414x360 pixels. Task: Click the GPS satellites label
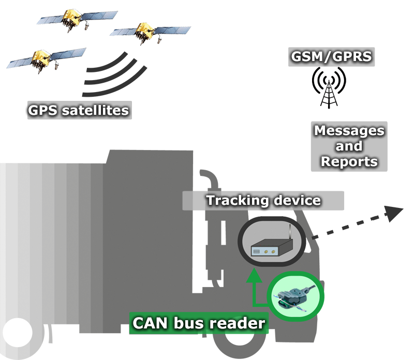[79, 110]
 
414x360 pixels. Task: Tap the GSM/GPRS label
[331, 56]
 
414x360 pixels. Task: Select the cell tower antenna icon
[329, 88]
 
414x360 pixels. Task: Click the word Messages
[349, 130]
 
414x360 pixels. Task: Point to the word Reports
[349, 161]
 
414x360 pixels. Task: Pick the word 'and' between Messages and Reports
[349, 146]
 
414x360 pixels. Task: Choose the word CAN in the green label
[151, 323]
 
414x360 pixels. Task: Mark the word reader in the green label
[239, 323]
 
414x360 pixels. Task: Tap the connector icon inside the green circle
[294, 299]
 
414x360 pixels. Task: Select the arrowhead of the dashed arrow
[393, 212]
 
